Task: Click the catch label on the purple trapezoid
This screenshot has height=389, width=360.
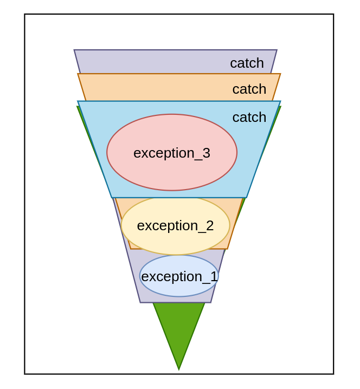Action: coord(247,63)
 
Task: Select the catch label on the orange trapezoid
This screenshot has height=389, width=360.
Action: coord(249,89)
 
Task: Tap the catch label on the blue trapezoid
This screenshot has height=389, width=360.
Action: coord(249,117)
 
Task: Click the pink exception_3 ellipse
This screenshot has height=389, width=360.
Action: coord(172,135)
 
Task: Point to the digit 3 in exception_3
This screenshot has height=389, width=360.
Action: coord(206,153)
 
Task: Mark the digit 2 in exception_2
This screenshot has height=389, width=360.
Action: coord(210,226)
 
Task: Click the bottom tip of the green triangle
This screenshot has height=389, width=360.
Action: coord(179,369)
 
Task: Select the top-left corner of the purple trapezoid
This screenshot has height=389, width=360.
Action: coord(74,50)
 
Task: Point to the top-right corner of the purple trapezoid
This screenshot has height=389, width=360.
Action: coord(277,50)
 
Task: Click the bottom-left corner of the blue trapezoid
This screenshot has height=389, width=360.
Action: coord(112,197)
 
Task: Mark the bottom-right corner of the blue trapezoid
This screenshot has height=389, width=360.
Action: coord(247,197)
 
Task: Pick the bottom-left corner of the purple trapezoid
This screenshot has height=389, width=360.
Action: coord(140,302)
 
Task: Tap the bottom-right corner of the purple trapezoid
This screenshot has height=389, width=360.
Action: coord(211,302)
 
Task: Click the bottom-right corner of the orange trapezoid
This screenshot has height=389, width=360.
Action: coord(227,249)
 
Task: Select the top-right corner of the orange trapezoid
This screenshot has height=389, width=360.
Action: coord(280,74)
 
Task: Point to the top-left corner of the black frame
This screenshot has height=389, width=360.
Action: coord(25,15)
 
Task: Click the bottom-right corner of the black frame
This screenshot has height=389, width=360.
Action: coord(333,374)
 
